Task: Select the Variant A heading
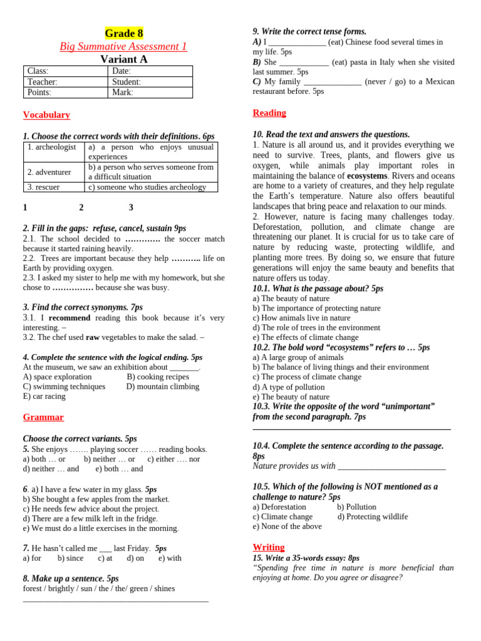click(124, 59)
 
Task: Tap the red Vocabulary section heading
click(46, 115)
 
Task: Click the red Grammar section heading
click(43, 417)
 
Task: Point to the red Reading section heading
click(269, 113)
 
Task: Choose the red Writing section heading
click(268, 547)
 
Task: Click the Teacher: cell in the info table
click(65, 82)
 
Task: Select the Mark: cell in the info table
click(150, 93)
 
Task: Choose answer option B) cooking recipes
click(158, 377)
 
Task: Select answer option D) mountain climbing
click(163, 387)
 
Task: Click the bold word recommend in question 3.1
click(70, 318)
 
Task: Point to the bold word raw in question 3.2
click(93, 337)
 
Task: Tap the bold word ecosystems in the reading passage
click(367, 176)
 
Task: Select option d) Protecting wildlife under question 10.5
click(373, 517)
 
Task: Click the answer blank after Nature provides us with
click(391, 466)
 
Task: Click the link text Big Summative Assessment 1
click(123, 46)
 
